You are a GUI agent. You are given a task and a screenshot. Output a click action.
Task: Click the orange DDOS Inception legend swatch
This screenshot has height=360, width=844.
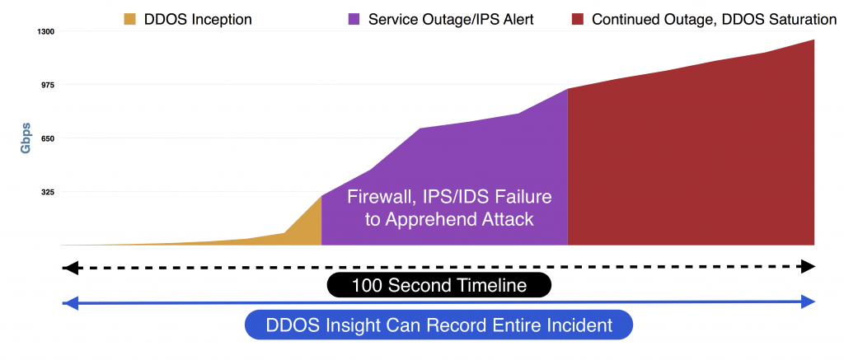(x=130, y=20)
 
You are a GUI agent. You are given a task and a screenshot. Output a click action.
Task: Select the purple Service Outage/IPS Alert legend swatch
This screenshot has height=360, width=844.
(x=354, y=20)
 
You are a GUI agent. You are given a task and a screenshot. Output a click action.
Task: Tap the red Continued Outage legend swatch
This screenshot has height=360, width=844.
(x=578, y=20)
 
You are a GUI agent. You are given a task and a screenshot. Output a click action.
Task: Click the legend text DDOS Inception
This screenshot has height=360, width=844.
(x=198, y=20)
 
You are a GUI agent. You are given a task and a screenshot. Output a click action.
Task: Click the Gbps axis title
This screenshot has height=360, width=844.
(x=26, y=138)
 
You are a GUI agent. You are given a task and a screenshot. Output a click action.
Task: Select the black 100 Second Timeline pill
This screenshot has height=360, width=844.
(x=439, y=285)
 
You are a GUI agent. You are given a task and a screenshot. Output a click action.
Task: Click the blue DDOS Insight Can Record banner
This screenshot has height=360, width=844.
(x=438, y=325)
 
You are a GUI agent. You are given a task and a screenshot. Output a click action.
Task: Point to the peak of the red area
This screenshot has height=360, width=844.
(x=814, y=40)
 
